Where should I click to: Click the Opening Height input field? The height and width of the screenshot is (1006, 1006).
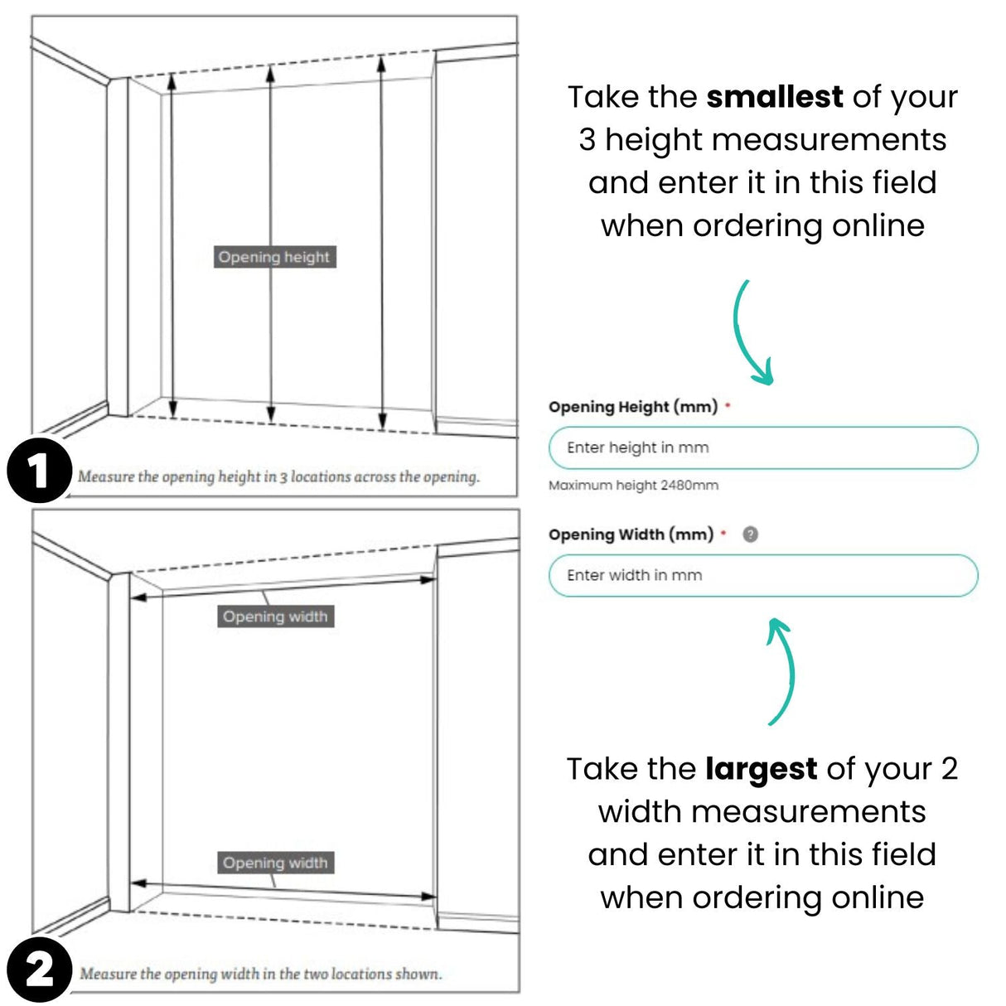(762, 448)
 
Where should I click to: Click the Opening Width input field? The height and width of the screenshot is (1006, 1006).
(762, 575)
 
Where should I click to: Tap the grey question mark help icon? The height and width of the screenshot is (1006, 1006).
(750, 534)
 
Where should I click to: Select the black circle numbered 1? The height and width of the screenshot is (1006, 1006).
(38, 472)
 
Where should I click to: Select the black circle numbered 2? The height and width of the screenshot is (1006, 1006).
(38, 970)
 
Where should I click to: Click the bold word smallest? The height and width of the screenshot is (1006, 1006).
(774, 97)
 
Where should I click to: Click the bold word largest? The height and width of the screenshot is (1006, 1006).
(761, 769)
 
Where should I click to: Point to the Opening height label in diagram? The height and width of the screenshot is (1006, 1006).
(274, 257)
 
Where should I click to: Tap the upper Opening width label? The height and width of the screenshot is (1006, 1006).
(275, 617)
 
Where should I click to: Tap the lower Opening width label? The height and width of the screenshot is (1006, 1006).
(275, 863)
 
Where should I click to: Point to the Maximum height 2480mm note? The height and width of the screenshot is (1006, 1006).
(633, 486)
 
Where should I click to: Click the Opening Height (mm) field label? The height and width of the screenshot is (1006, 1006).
(633, 407)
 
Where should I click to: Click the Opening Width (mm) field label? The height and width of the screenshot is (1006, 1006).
(631, 534)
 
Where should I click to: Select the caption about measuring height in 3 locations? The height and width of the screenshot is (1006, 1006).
(278, 477)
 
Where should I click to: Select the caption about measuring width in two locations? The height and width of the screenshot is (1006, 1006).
(260, 974)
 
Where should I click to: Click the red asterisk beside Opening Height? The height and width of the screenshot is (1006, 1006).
(728, 406)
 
